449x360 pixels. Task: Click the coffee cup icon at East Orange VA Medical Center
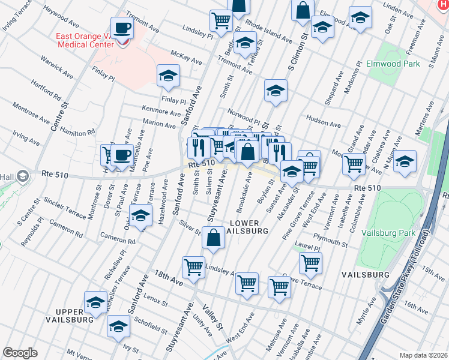[123, 28]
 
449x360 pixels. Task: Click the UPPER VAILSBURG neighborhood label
[74, 316]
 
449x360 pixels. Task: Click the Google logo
[20, 353]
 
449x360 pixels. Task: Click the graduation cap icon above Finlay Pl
[169, 76]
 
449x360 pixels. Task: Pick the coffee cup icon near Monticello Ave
[122, 155]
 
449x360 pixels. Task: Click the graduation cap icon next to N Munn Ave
[405, 161]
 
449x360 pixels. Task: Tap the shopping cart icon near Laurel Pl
[310, 262]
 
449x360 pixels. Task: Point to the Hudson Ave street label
[323, 122]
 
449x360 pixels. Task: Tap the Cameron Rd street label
[118, 238]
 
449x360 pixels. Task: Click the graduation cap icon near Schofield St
[118, 326]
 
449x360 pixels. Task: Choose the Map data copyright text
[423, 355]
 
